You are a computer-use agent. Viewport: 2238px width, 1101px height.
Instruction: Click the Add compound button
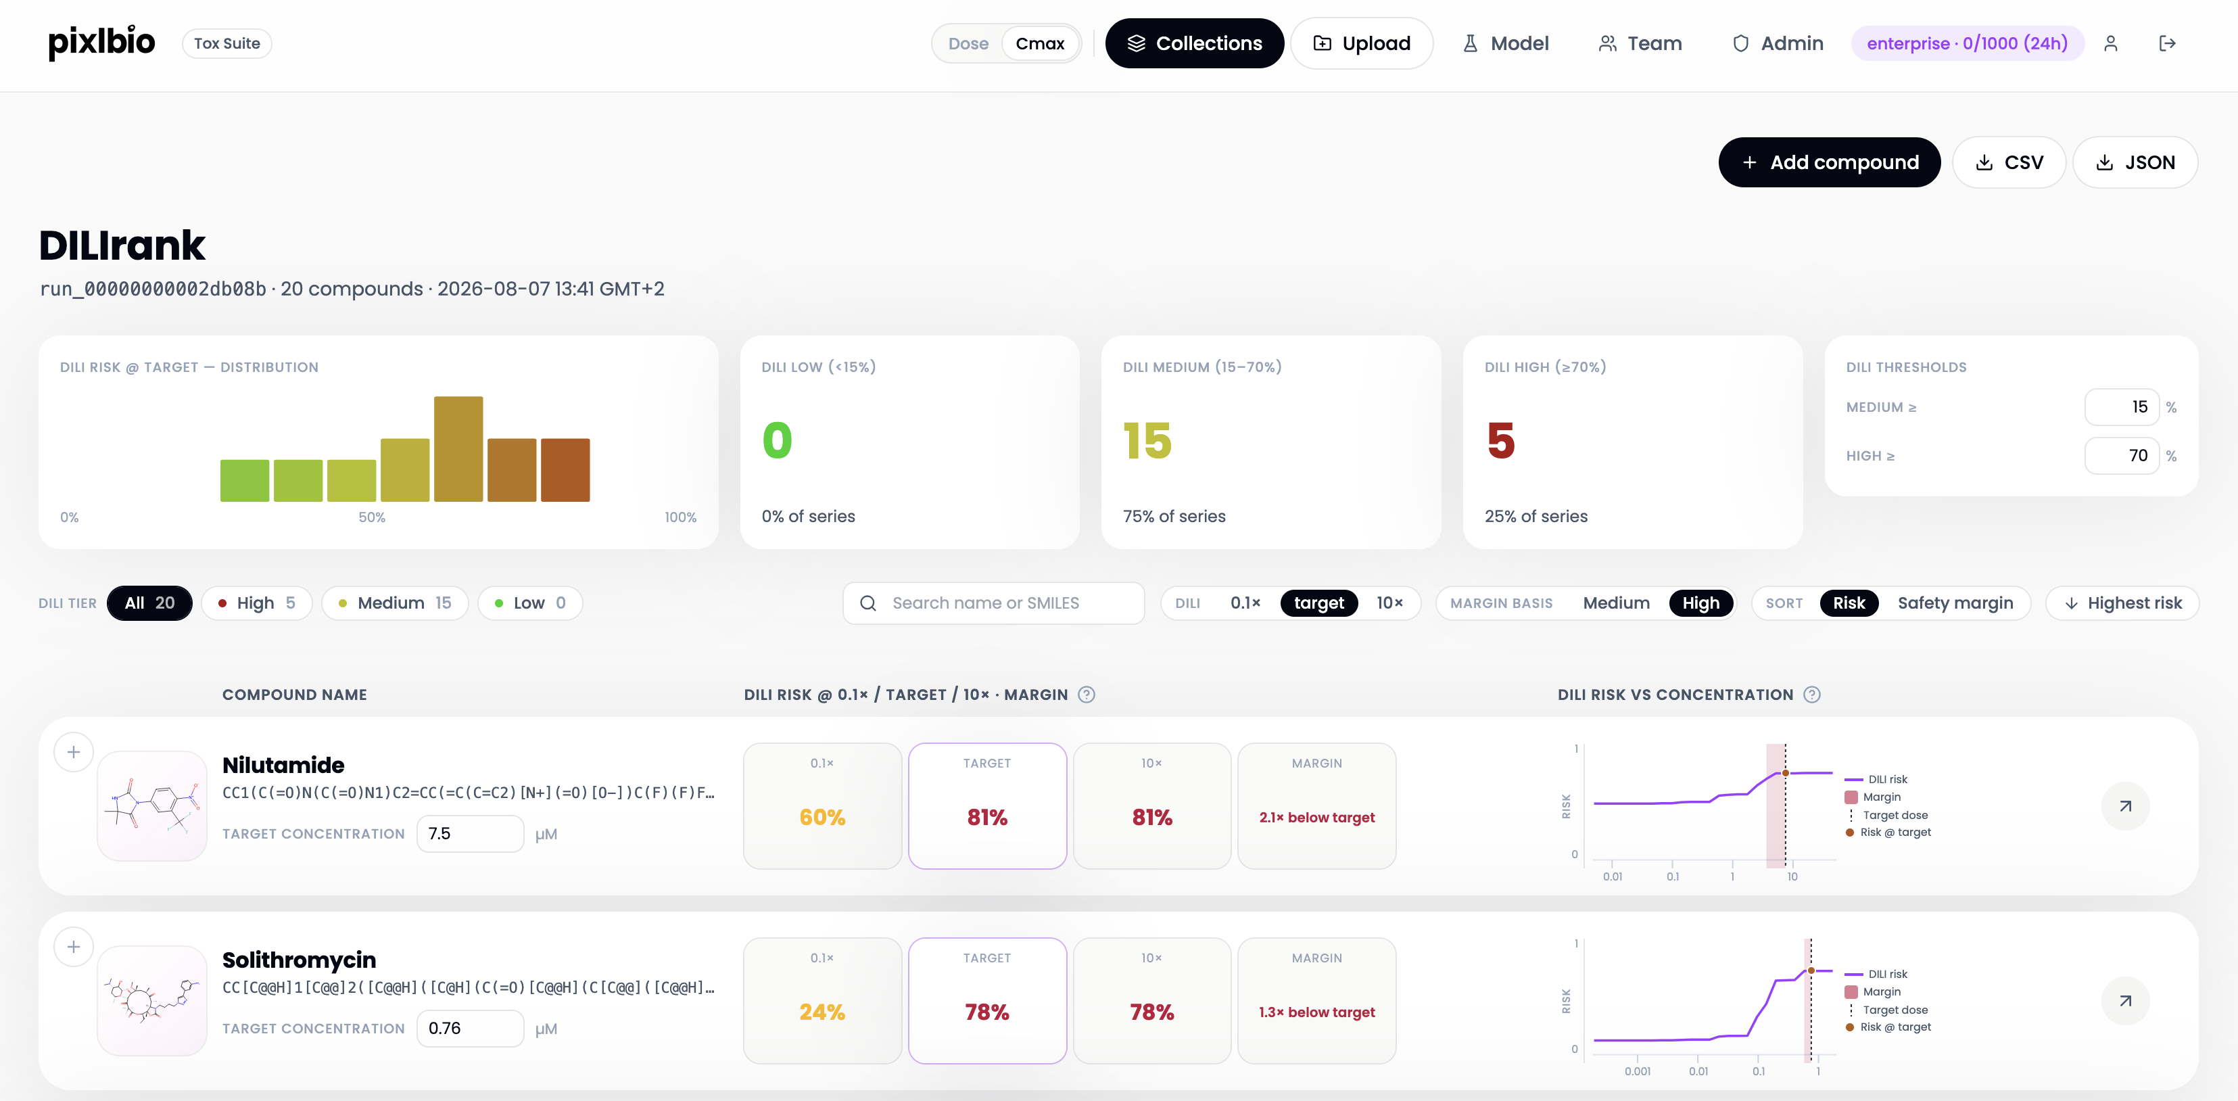pos(1829,162)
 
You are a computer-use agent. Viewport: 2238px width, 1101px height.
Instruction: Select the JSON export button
pos(2135,162)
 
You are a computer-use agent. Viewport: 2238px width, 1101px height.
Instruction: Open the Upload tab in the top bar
pos(1361,43)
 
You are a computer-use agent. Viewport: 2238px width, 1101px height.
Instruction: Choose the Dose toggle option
pos(968,43)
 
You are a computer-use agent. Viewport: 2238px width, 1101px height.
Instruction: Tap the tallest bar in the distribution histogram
pos(458,448)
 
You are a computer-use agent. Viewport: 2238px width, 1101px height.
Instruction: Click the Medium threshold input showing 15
pos(2122,406)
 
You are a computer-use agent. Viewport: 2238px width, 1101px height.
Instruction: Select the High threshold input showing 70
pos(2122,455)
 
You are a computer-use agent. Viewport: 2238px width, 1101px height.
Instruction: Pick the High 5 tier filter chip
pos(256,603)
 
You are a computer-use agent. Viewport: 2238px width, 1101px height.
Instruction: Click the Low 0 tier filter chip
pos(530,603)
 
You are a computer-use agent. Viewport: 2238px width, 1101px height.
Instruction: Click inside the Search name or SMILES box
pos(993,603)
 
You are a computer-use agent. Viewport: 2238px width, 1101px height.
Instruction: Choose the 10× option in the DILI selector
pos(1389,603)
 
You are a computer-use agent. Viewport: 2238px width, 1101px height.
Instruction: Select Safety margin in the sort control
pos(1955,603)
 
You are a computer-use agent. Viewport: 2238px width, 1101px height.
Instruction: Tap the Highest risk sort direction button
pos(2122,603)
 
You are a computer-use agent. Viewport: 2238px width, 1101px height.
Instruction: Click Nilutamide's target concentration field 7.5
pos(470,833)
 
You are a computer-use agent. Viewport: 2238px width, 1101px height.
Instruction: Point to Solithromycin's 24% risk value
pos(822,1012)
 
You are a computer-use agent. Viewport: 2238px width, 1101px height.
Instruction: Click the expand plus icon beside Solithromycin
pos(74,946)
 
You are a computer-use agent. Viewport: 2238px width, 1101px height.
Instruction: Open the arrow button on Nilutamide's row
pos(2125,806)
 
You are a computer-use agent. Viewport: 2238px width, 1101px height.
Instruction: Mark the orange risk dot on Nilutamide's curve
pos(1786,772)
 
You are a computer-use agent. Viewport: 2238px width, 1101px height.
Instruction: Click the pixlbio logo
pos(101,43)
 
